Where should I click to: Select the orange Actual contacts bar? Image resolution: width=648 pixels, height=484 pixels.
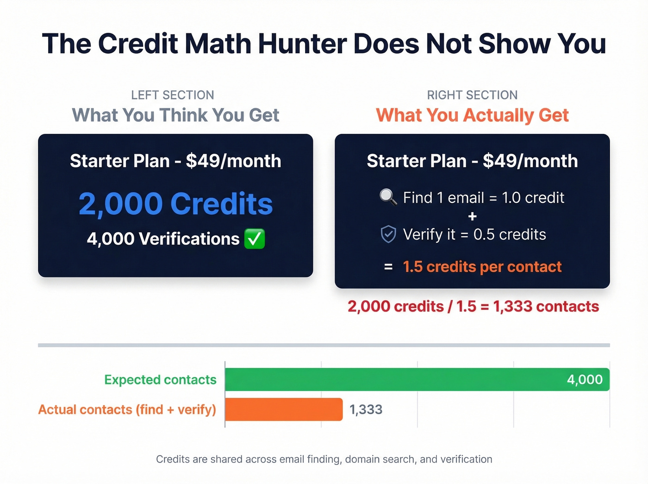284,409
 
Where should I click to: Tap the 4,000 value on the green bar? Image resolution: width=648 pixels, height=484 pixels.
585,380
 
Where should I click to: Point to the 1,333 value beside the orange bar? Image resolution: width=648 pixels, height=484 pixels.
366,409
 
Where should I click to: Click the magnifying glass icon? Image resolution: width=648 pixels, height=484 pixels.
388,197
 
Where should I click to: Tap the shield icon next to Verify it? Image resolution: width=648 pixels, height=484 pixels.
388,234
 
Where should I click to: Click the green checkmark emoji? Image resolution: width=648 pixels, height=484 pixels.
255,239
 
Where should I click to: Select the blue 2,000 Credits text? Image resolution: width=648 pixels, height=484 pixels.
175,204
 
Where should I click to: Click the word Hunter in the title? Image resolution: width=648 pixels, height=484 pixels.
302,44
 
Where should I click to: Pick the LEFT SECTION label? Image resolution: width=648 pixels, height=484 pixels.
172,95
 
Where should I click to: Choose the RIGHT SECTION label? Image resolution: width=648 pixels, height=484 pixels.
472,95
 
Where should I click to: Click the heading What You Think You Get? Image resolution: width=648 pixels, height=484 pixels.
175,115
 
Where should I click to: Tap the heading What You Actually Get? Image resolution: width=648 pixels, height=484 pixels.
472,115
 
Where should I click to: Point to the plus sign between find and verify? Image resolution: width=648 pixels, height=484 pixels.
472,216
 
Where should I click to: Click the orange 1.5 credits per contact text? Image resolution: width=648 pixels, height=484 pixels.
482,267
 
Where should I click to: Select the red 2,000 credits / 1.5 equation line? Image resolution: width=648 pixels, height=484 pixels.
473,306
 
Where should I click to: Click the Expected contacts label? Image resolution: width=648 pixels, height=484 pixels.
160,380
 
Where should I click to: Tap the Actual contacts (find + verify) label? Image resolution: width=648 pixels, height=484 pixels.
127,409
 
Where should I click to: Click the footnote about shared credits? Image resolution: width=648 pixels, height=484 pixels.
324,459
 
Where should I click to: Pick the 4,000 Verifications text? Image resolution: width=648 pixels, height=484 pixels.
163,239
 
